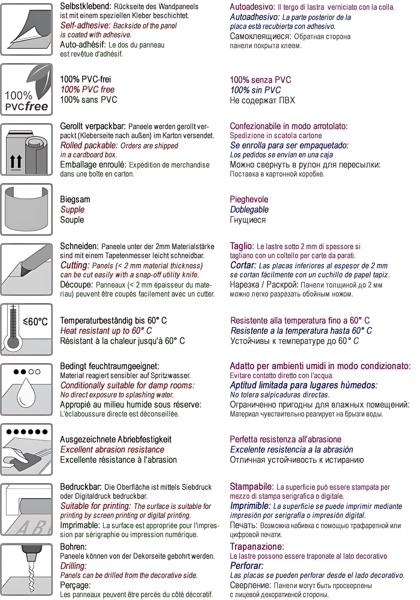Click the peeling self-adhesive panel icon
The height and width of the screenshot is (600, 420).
(x=27, y=29)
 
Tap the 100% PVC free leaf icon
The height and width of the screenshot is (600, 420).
(x=27, y=89)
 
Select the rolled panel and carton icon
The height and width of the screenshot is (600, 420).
(x=27, y=149)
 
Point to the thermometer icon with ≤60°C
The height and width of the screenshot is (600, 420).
(x=27, y=329)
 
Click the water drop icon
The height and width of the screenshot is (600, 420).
(x=27, y=389)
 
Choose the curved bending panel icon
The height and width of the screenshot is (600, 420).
(x=27, y=209)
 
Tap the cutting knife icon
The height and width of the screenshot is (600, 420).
(x=27, y=269)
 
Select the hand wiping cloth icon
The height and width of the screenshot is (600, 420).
(x=27, y=449)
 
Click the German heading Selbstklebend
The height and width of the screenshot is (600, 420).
(x=85, y=6)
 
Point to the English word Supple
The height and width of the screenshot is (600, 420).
(x=72, y=210)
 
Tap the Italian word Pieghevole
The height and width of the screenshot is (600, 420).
(x=249, y=199)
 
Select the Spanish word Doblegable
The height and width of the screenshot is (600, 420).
(x=249, y=210)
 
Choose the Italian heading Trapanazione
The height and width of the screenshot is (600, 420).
(x=257, y=546)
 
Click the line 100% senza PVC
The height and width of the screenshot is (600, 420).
(x=260, y=80)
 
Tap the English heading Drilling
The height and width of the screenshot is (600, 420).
(x=73, y=566)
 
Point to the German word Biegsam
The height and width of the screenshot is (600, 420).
(x=75, y=199)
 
